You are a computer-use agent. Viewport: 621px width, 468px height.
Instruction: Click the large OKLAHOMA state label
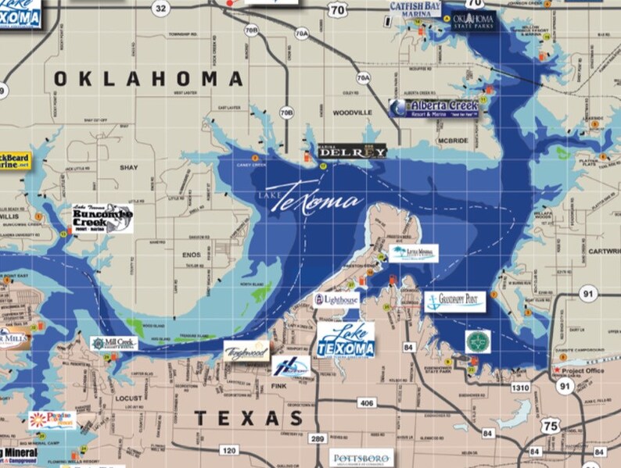tap(149, 79)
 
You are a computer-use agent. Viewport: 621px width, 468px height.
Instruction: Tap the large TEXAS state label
tap(248, 419)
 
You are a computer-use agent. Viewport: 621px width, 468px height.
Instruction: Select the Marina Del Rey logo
tap(352, 152)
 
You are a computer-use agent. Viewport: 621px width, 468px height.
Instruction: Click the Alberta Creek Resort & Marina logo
tap(435, 109)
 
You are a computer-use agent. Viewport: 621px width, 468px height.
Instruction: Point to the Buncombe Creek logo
tap(102, 218)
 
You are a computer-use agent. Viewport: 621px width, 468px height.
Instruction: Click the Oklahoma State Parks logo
tap(474, 20)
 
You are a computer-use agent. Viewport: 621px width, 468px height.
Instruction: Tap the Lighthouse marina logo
tap(337, 299)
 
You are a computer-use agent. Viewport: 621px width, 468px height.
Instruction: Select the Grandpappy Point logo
tap(455, 301)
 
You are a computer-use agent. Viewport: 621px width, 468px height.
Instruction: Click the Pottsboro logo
tap(362, 459)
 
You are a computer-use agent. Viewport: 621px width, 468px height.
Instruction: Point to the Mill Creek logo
tap(114, 343)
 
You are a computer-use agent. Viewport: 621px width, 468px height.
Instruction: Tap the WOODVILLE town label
tap(352, 113)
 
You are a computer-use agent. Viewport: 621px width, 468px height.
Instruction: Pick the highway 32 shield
tap(161, 9)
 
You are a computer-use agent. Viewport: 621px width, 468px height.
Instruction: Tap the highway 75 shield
tap(551, 424)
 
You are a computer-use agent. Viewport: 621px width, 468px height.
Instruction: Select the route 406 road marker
tap(366, 403)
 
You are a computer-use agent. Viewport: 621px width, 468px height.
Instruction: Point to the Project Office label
tap(583, 370)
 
